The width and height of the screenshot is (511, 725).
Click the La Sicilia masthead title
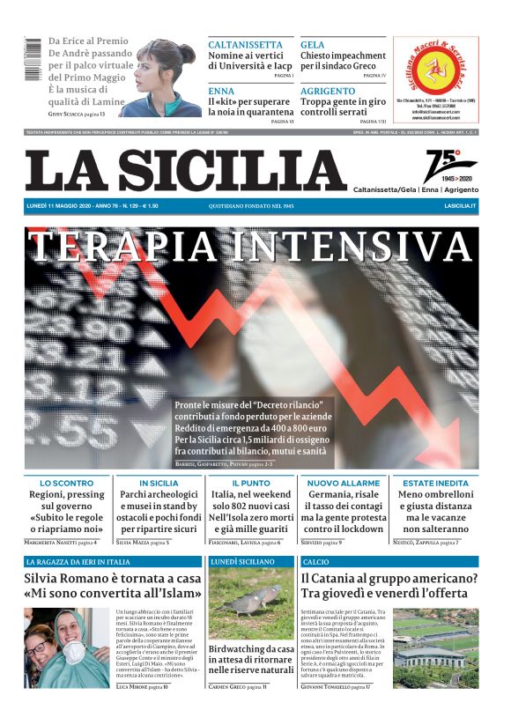185,169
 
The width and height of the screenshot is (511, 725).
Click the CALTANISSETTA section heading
245,44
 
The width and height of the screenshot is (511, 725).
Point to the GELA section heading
313,44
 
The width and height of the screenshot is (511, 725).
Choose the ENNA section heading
221,91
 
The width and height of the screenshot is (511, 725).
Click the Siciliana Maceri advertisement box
436,78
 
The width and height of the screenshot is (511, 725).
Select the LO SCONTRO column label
67,483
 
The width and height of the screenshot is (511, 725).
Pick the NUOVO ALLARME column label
344,483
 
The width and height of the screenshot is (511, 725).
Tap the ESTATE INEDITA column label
436,483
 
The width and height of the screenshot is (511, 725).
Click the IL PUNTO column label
251,483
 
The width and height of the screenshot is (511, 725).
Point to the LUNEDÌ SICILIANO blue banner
249,561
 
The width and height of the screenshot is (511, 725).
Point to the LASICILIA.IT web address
460,205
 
